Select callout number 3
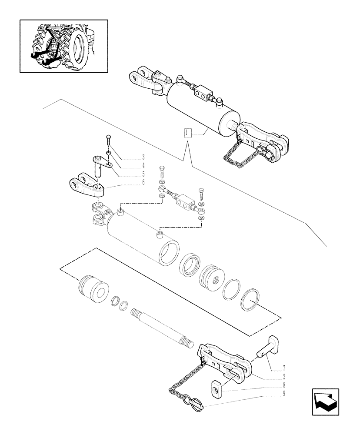(143, 157)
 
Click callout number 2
(284, 377)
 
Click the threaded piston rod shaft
(163, 328)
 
